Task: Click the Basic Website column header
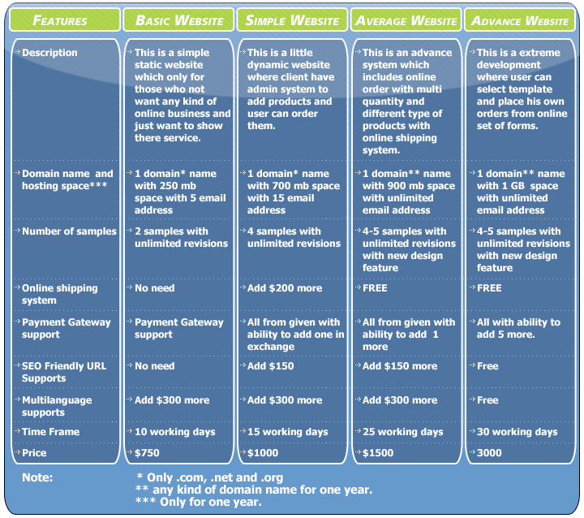179,20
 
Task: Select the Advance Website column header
520,20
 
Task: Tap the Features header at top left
60,20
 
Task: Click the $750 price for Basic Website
147,453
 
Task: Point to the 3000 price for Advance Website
489,453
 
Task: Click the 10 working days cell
174,432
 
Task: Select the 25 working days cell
402,432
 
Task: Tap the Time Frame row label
50,432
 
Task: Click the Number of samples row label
69,231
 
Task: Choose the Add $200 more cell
285,288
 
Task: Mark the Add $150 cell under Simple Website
270,366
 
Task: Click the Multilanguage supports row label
57,406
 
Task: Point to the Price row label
34,453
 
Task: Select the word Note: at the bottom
37,477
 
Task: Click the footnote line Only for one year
199,502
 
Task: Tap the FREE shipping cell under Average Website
375,288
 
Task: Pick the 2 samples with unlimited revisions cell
181,237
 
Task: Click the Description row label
49,53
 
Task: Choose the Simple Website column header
292,20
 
